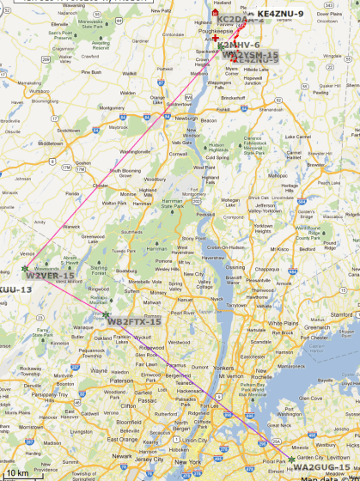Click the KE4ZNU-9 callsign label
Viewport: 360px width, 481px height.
pos(280,14)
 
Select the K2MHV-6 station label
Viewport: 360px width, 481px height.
pos(238,45)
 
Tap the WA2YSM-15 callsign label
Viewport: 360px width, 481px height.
pos(251,56)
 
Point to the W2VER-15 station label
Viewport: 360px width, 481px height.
pos(50,275)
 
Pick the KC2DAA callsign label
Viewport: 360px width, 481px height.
pos(232,19)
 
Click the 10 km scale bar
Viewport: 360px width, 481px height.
pos(17,473)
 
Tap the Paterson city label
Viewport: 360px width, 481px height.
pos(124,379)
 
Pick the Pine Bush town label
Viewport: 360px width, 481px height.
pos(90,72)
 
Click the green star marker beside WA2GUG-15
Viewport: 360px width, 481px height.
pos(291,460)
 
